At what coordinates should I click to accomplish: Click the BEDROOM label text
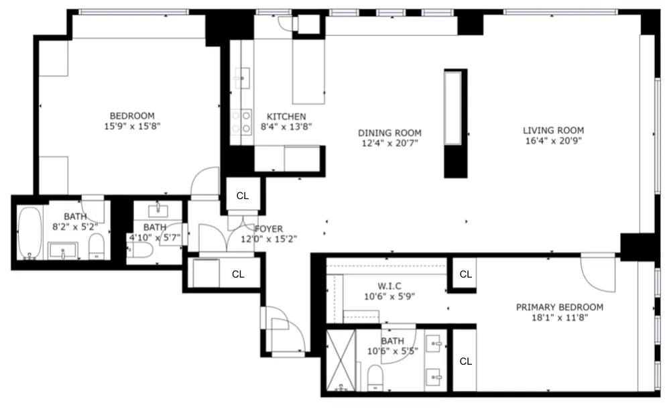(x=132, y=115)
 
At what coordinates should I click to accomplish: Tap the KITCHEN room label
(x=286, y=116)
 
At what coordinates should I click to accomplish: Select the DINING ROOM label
(x=389, y=133)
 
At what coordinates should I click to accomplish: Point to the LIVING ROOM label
(x=553, y=130)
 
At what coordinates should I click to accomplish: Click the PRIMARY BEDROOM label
(x=559, y=307)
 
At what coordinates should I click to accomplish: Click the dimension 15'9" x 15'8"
(x=132, y=125)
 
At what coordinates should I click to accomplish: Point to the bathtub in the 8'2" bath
(x=29, y=233)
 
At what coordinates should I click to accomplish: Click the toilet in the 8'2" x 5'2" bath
(x=97, y=247)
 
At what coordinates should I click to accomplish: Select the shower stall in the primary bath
(x=341, y=361)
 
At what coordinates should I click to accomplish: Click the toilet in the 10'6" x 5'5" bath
(x=375, y=377)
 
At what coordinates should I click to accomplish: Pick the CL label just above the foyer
(x=242, y=196)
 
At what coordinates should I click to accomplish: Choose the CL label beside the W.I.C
(x=466, y=274)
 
